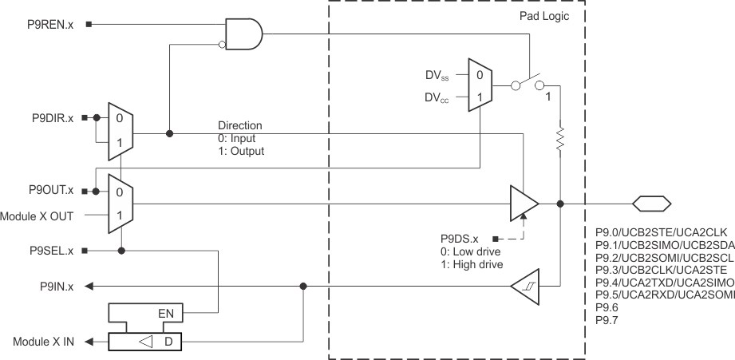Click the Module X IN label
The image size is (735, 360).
click(43, 342)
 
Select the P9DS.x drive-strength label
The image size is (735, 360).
click(460, 239)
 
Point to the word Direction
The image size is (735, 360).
click(240, 125)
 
